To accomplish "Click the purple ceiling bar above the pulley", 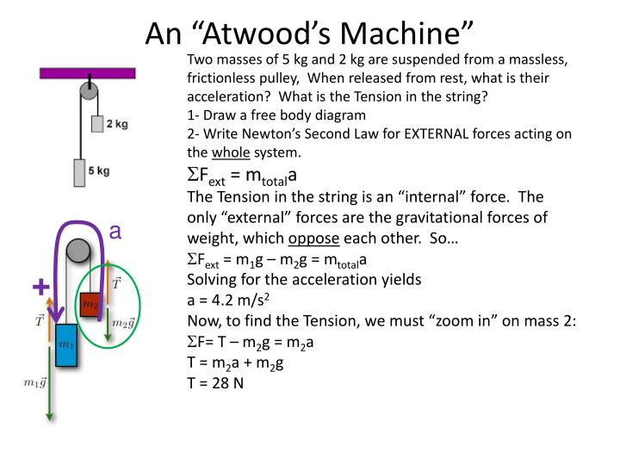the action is (x=86, y=73).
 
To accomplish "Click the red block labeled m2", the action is (x=90, y=303).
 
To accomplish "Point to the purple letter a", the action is (x=115, y=232).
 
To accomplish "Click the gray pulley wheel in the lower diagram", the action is (x=77, y=251).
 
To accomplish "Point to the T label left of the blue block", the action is (x=38, y=320).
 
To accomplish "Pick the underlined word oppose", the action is (x=314, y=238).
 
